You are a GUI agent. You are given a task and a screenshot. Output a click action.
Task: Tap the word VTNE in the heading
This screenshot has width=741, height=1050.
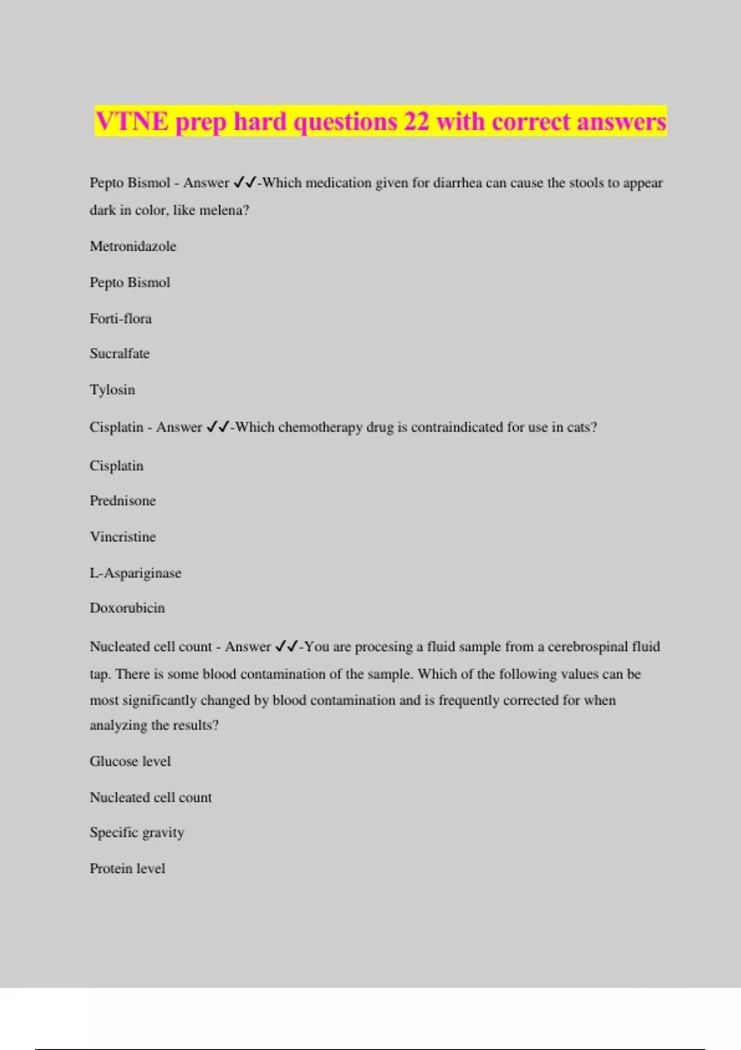tap(132, 122)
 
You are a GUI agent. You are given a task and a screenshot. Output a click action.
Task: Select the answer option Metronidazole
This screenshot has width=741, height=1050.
tap(133, 246)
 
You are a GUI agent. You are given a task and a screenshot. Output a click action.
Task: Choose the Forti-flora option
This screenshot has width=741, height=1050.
tap(120, 319)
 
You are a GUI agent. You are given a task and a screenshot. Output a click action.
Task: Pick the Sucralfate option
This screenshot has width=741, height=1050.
tap(119, 354)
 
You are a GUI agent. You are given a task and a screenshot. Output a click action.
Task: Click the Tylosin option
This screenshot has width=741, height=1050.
tap(112, 390)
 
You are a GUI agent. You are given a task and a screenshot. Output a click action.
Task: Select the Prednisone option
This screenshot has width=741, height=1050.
tap(122, 501)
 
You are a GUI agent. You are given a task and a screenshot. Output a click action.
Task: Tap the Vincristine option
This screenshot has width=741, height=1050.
tap(122, 537)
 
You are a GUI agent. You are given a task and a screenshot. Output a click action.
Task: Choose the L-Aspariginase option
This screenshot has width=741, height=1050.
tap(135, 573)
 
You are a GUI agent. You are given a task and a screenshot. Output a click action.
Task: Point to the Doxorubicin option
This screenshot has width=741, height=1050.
tap(127, 608)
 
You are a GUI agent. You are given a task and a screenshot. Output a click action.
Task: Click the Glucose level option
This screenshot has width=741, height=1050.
tap(130, 762)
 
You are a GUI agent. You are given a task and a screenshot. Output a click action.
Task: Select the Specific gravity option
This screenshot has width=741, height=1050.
tap(136, 833)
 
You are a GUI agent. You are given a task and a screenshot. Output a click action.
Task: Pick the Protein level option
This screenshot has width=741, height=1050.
tap(127, 868)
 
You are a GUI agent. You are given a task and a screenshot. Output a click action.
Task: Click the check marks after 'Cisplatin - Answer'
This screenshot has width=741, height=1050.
tap(217, 427)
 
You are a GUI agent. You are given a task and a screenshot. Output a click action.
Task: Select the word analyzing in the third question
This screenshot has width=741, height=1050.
tap(118, 726)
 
